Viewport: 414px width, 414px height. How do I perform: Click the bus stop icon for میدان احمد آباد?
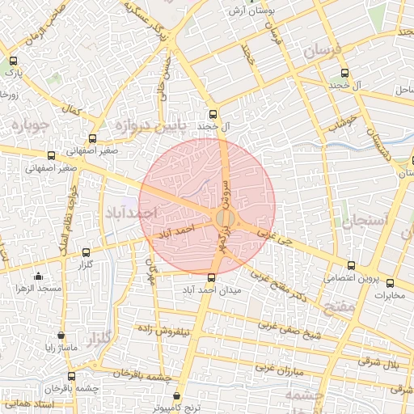[212, 277]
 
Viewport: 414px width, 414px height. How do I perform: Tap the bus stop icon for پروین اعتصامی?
[350, 265]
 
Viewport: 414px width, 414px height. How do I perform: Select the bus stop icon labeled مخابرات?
[391, 283]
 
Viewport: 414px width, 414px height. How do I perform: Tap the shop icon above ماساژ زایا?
[61, 335]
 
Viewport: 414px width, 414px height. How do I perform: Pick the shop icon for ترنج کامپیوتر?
[167, 397]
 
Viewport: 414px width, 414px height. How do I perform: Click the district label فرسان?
[323, 53]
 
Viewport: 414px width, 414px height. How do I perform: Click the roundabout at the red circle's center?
[226, 219]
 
